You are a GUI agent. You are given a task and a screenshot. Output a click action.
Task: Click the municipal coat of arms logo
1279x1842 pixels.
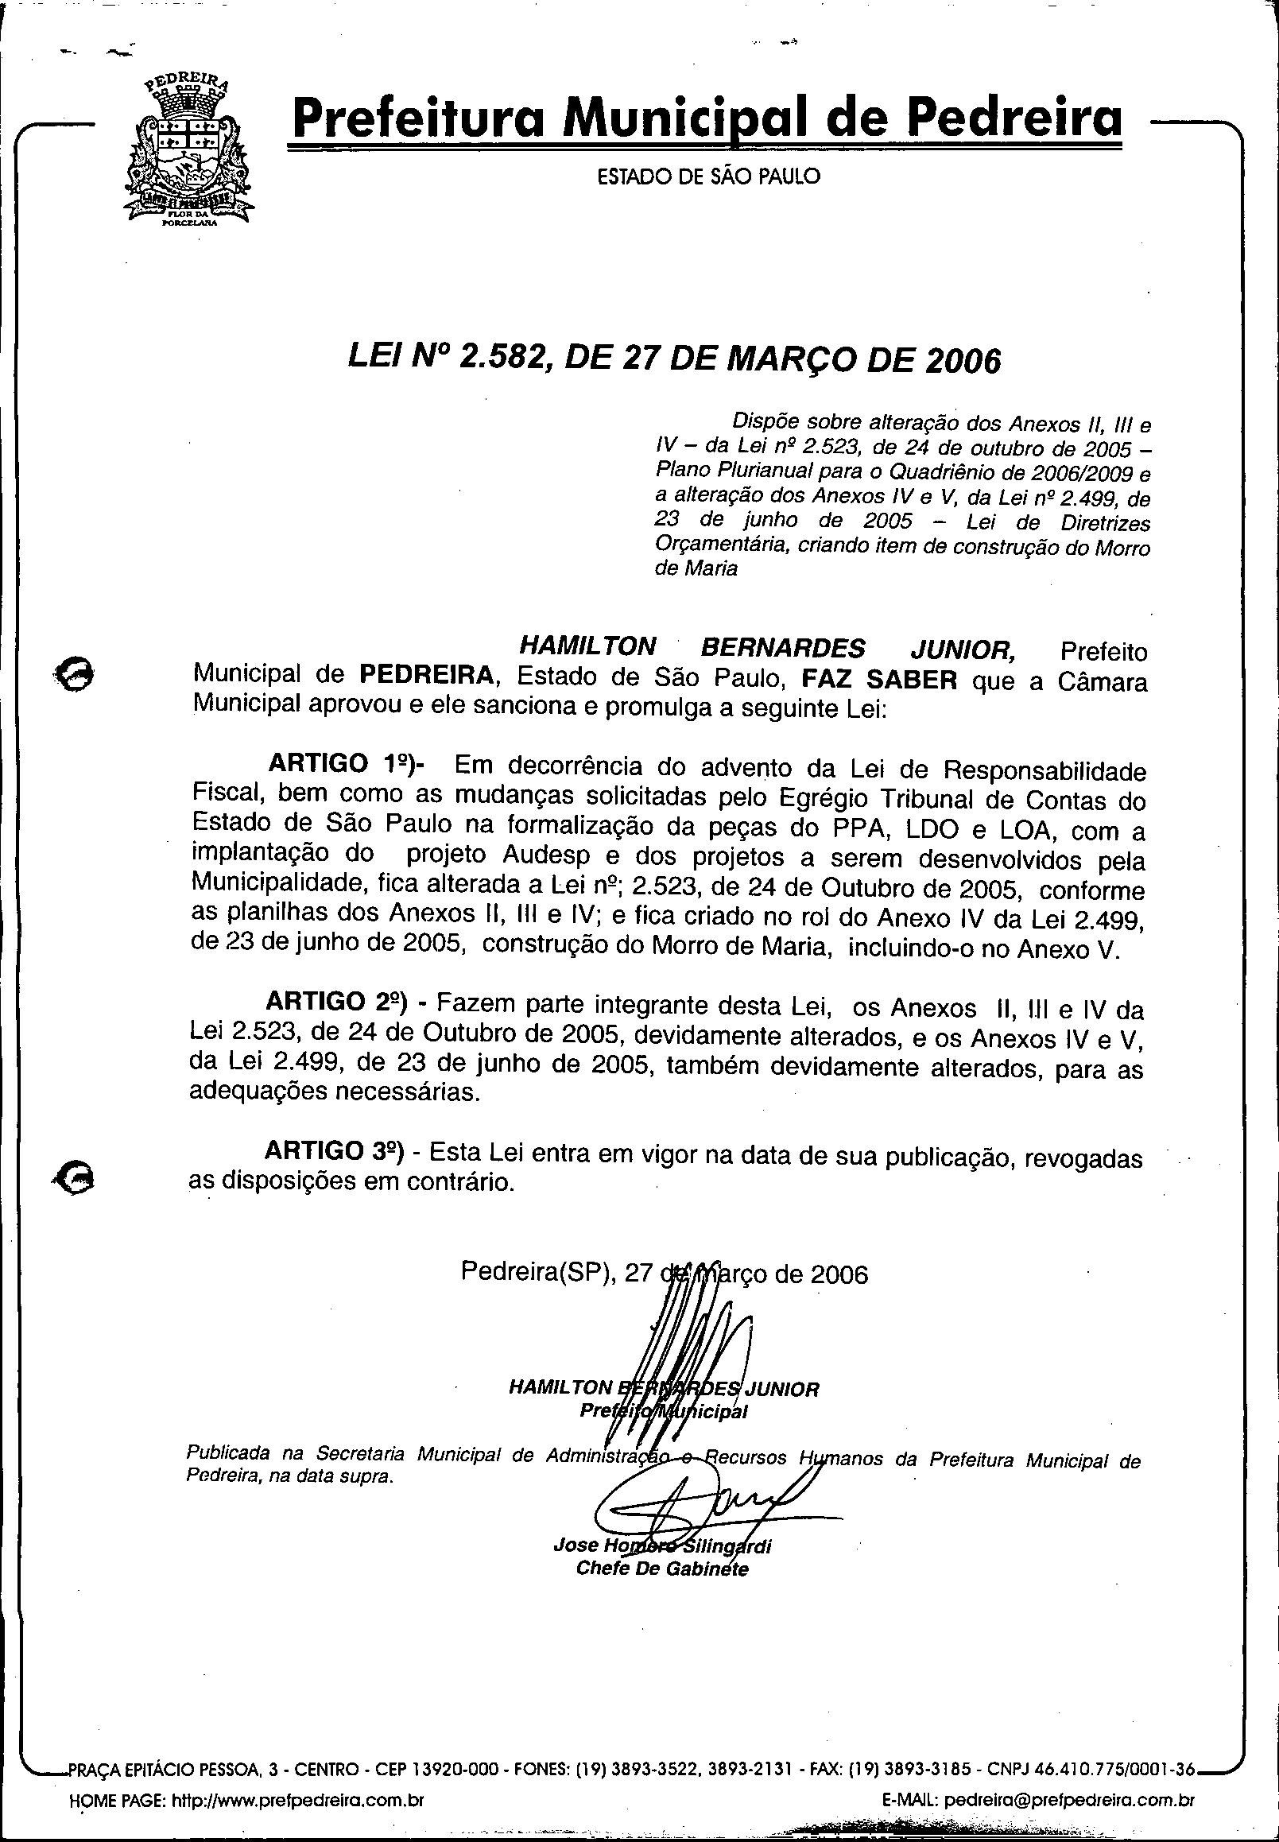(x=188, y=153)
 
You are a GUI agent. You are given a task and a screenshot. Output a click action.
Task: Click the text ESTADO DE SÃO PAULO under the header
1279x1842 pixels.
(x=709, y=176)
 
